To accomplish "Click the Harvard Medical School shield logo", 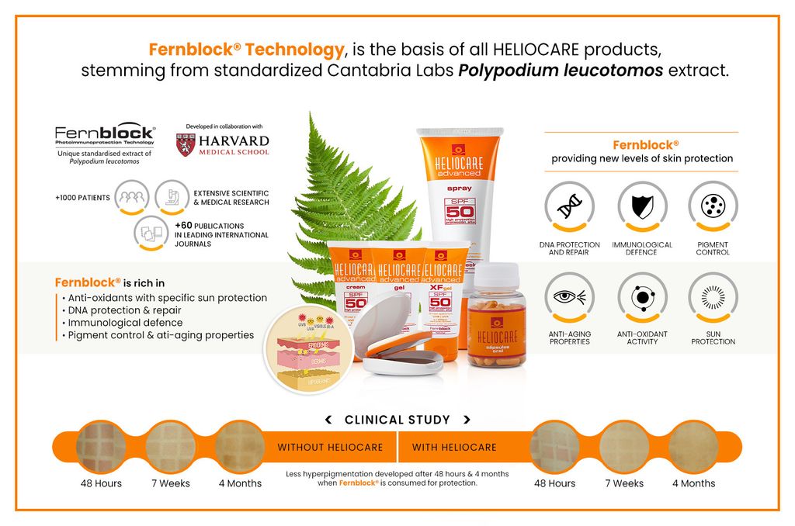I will tap(185, 146).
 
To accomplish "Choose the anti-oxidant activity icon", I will tap(642, 297).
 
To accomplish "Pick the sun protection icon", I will tap(713, 297).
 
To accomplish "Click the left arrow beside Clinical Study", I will tap(328, 420).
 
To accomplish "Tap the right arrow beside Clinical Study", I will tap(467, 420).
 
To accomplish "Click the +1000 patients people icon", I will tap(132, 197).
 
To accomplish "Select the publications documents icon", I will tap(150, 231).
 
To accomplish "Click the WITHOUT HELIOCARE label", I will tap(330, 448).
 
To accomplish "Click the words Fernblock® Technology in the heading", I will tap(246, 50).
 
